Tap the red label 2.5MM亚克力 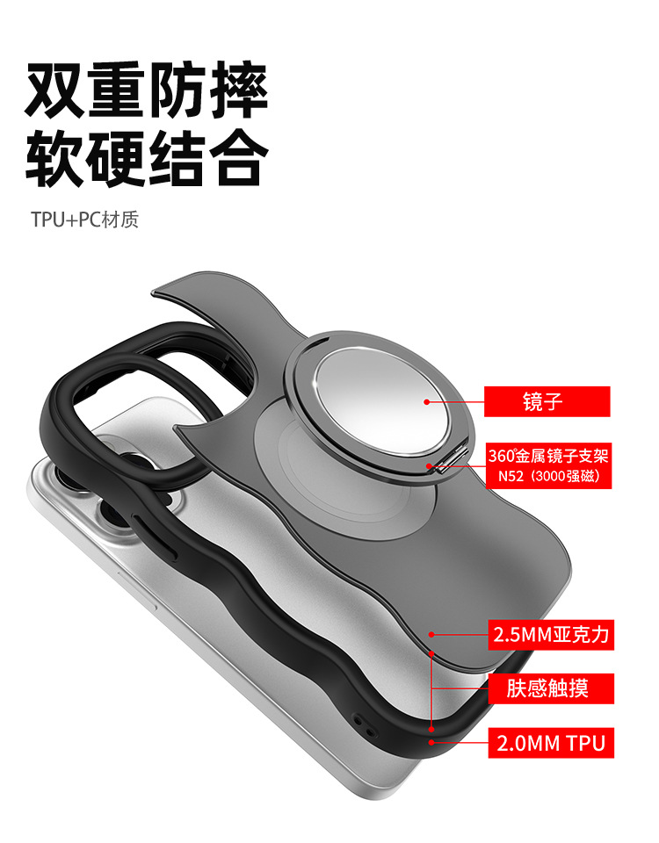click(550, 634)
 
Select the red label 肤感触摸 click(547, 688)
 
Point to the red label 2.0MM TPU click(550, 744)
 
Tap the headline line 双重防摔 click(146, 90)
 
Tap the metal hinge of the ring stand click(445, 459)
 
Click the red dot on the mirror click(427, 402)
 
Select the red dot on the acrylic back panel click(431, 633)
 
